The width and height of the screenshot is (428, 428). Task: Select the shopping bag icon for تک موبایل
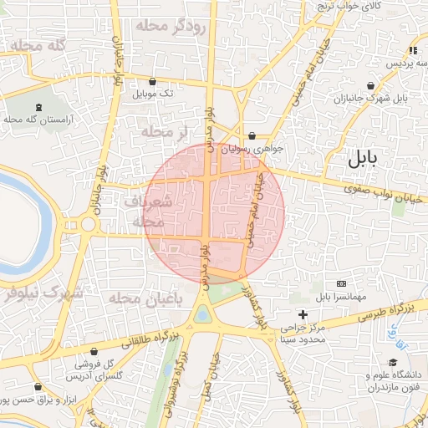pyautogui.click(x=152, y=82)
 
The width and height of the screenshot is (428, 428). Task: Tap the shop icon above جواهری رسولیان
pyautogui.click(x=252, y=135)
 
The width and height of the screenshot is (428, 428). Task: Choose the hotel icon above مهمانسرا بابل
pyautogui.click(x=340, y=284)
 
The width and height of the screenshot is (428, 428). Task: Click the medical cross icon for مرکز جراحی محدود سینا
pyautogui.click(x=303, y=314)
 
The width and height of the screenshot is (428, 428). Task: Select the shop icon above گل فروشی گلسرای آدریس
pyautogui.click(x=93, y=351)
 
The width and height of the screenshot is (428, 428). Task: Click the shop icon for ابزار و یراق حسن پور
pyautogui.click(x=38, y=387)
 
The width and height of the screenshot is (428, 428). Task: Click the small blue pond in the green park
pyautogui.click(x=203, y=314)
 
